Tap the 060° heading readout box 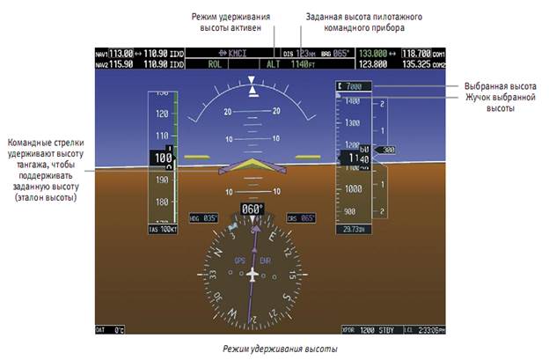pos(253,209)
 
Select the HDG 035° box pos(202,218)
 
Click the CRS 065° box pos(301,218)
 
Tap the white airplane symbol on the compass pos(253,274)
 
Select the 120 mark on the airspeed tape pos(161,114)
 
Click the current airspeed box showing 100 pos(161,158)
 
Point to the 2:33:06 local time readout pos(424,328)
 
